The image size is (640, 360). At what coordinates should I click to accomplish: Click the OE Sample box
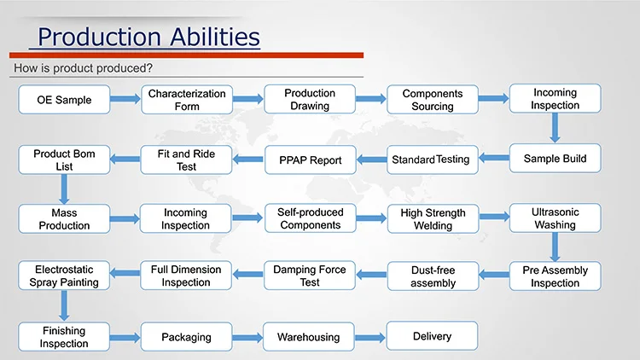pos(64,100)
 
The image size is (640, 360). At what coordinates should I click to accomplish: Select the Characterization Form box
pos(187,100)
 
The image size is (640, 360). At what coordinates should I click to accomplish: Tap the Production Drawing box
pos(310,100)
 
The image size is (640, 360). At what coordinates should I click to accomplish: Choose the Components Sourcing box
pos(433,100)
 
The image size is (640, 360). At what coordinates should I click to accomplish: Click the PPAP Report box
pos(310,160)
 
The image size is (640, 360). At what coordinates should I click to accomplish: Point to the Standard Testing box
pos(431,160)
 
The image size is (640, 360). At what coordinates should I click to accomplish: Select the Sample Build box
pos(555,159)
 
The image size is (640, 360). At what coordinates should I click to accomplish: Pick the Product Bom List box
pos(64,160)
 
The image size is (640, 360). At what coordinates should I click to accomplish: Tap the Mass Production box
pos(64,218)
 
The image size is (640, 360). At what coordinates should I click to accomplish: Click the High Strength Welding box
pos(433,218)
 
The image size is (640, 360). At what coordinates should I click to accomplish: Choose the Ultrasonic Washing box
pos(555,218)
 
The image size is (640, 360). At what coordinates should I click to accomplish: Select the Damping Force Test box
pos(310,276)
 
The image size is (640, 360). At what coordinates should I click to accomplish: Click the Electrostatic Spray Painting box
pos(64,276)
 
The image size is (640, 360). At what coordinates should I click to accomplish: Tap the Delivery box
pos(433,336)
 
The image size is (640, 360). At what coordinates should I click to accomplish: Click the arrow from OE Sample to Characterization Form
pos(125,100)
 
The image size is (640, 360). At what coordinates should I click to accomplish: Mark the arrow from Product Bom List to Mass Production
pos(64,189)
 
